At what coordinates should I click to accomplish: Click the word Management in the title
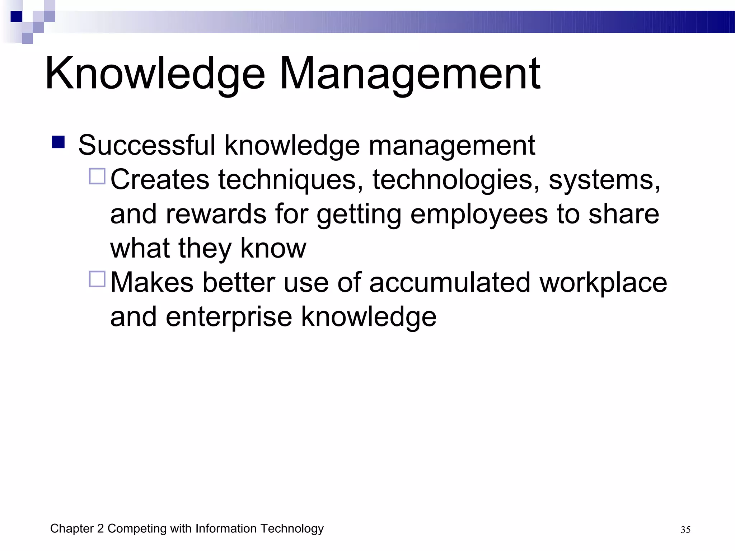[x=409, y=74]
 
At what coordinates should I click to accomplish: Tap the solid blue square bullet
[x=58, y=142]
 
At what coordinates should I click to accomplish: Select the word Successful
[x=147, y=145]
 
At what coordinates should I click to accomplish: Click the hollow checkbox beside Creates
[x=97, y=176]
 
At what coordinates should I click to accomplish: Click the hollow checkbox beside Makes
[x=97, y=279]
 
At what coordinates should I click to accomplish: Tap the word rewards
[x=216, y=214]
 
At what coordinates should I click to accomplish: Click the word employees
[x=479, y=214]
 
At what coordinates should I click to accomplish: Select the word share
[x=624, y=214]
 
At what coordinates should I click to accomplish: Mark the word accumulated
[x=450, y=283]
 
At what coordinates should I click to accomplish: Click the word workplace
[x=603, y=283]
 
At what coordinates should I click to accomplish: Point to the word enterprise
[x=229, y=317]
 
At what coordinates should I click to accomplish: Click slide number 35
[x=685, y=530]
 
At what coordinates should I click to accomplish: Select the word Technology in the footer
[x=292, y=529]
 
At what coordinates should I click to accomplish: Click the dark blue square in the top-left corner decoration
[x=16, y=17]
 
